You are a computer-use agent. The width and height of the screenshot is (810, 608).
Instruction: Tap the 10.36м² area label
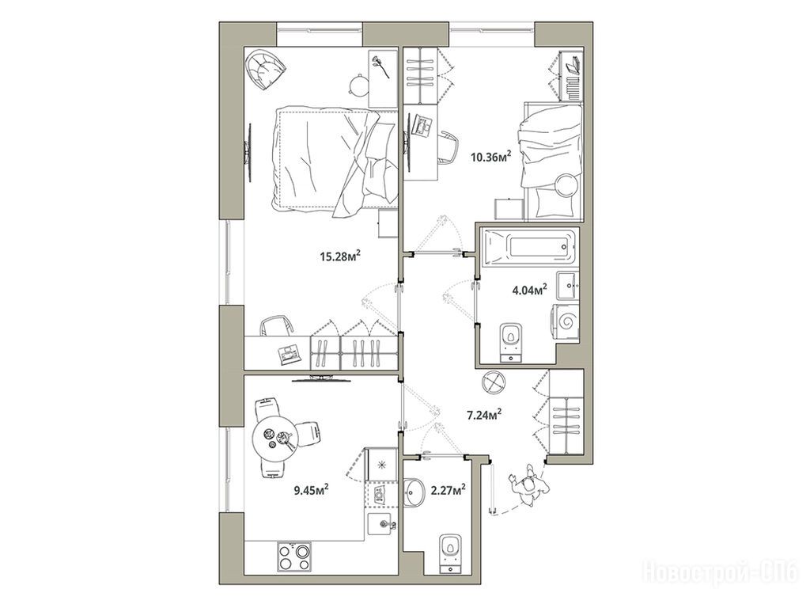pos(490,156)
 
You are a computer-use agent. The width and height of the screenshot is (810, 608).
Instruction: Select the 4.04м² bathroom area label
pos(529,290)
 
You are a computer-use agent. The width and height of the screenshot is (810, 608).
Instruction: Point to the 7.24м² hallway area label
pos(485,415)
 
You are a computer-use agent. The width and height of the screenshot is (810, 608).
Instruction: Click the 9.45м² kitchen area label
pos(312,489)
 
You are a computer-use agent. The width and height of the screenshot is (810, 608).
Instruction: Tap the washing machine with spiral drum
pos(566,324)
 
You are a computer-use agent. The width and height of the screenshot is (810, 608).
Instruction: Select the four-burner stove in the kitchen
pos(294,557)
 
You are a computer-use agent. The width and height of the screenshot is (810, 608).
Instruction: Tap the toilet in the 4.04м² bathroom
pos(512,341)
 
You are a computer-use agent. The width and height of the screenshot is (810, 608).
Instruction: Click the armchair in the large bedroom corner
pos(266,69)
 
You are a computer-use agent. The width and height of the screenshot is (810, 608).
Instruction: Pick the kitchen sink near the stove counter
pos(383,524)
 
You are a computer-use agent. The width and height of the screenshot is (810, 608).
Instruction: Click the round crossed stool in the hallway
pos(494,383)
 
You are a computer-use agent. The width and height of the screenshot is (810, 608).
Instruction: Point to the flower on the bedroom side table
pos(379,66)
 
